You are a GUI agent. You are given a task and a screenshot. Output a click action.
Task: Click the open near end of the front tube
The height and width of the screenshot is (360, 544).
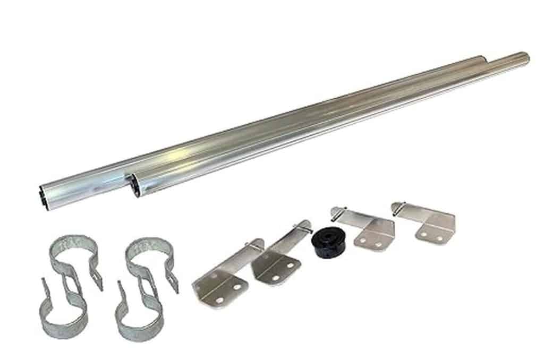[x=135, y=186]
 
